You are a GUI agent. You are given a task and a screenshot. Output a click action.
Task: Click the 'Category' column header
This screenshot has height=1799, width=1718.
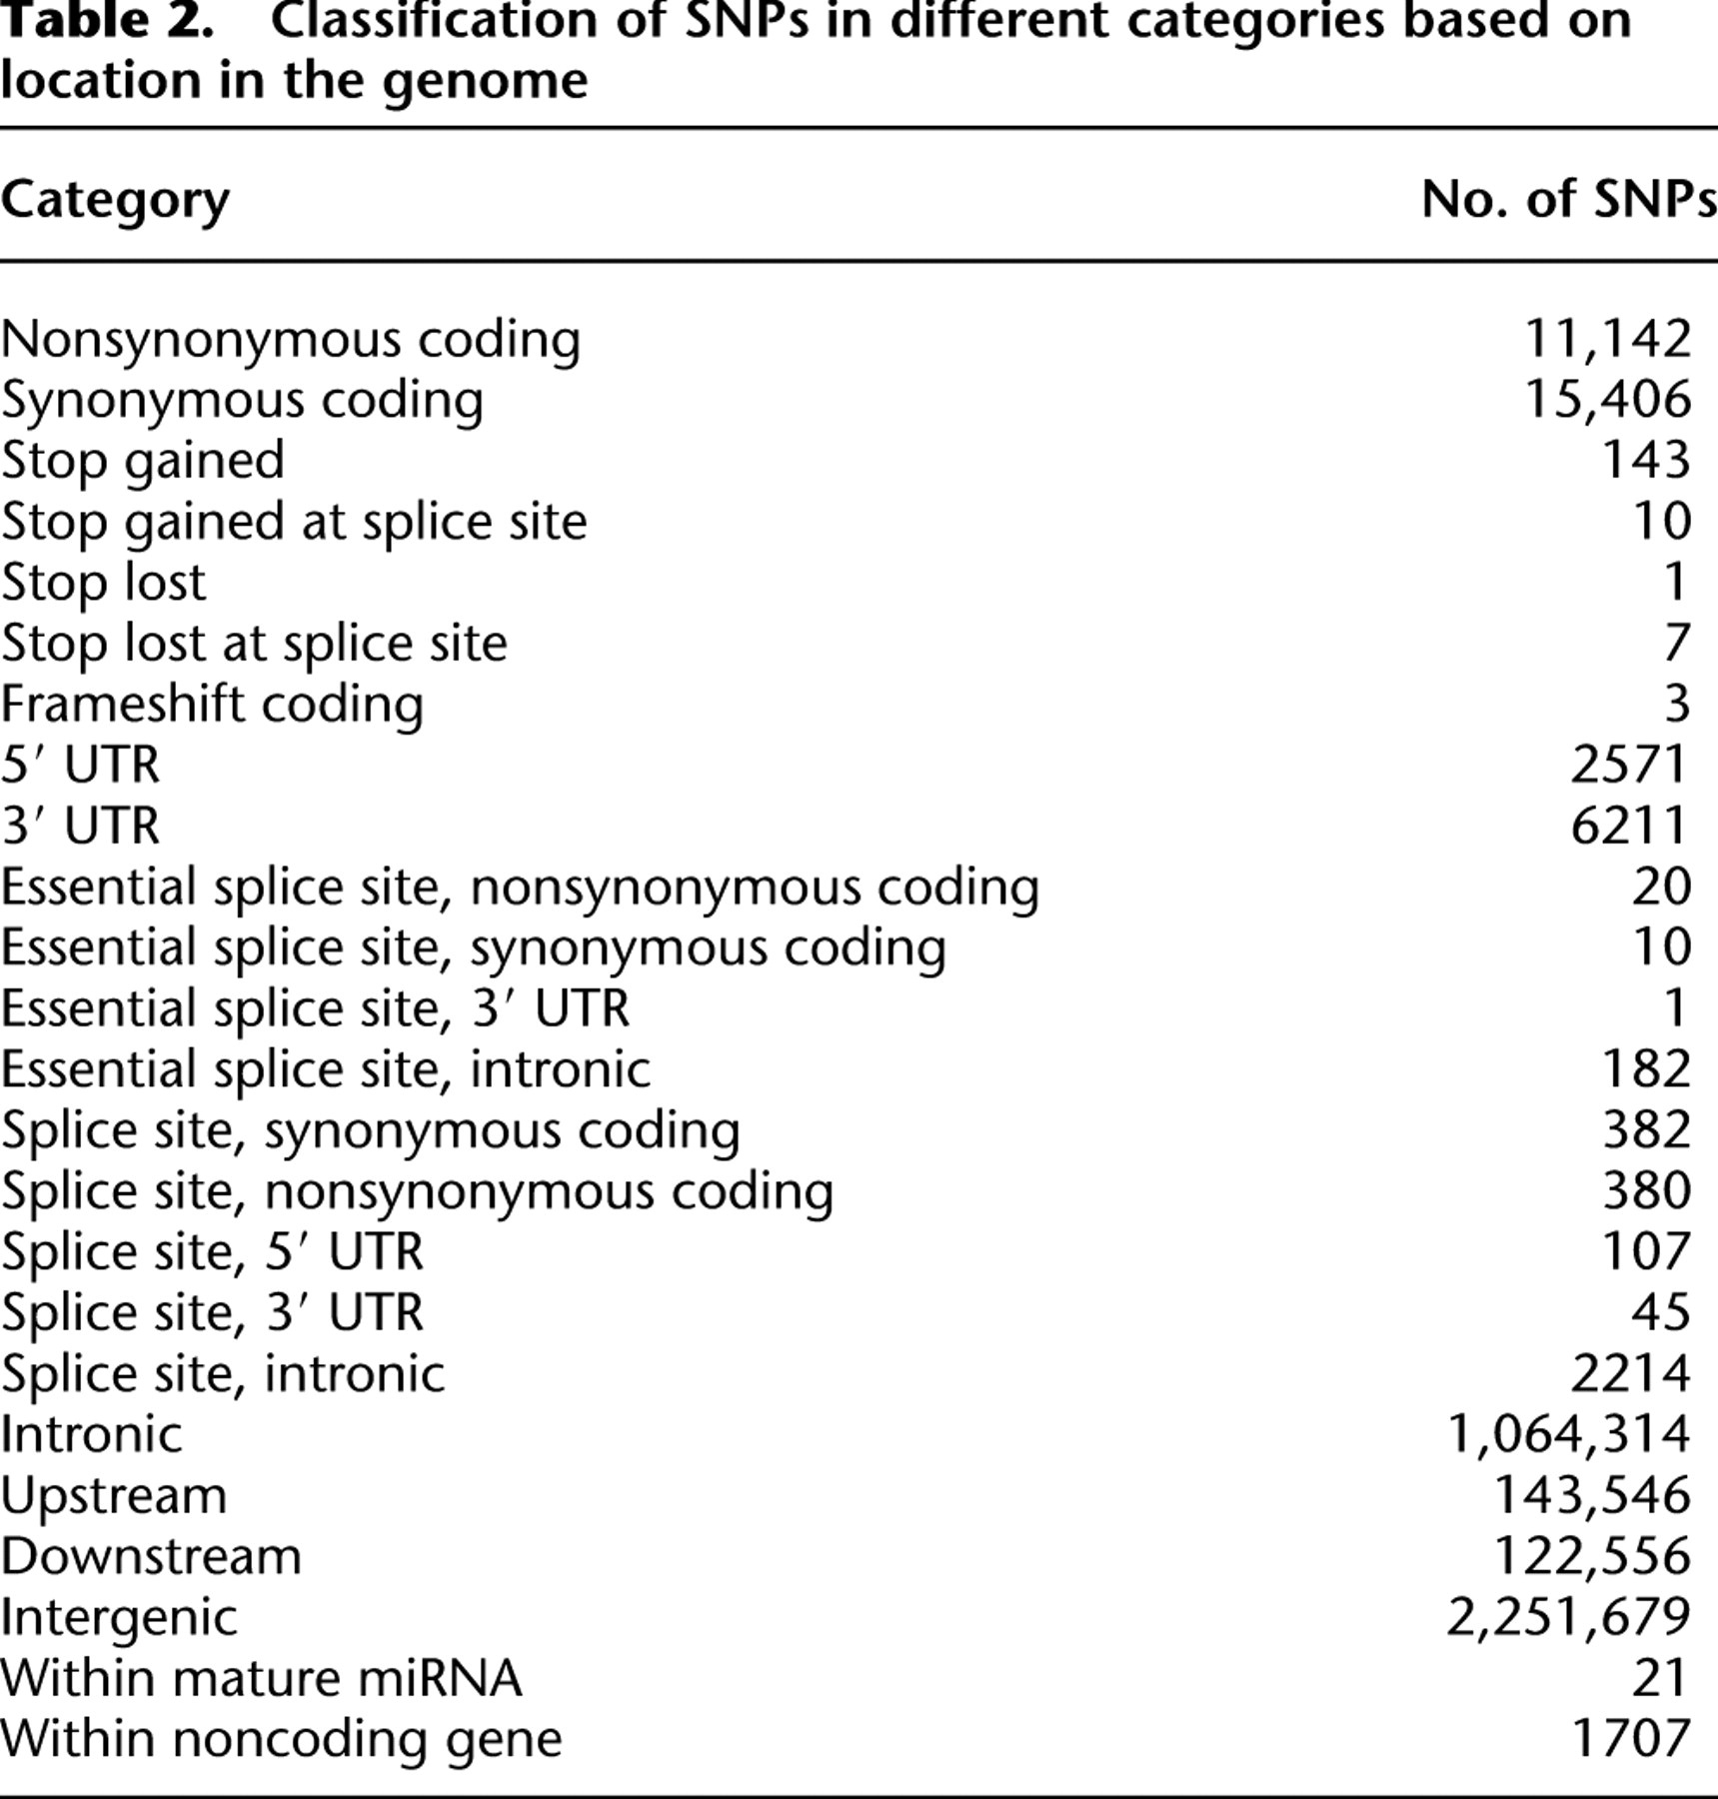coord(115,201)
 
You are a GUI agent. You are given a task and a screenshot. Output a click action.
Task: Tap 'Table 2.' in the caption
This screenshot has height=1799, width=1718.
coord(107,22)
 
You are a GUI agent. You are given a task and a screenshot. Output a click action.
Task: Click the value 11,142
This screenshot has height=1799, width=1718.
coord(1607,339)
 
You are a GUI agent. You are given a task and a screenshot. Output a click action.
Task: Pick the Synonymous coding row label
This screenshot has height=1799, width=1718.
coord(242,401)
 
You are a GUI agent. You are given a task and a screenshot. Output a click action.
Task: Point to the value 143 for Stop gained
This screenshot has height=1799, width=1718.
coord(1645,461)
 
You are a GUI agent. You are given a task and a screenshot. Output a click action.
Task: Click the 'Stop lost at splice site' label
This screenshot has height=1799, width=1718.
coord(254,643)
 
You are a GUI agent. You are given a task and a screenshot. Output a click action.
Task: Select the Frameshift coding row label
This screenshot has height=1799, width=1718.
coord(212,704)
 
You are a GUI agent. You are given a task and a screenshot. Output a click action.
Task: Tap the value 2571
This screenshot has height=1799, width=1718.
coord(1629,766)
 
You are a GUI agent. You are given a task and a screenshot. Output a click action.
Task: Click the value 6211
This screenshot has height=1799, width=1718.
coord(1629,827)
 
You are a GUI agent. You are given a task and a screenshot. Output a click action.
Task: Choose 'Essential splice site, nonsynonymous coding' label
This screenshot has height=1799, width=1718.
coord(520,888)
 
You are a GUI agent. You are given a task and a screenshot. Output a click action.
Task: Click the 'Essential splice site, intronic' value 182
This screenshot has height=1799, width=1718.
coord(1645,1069)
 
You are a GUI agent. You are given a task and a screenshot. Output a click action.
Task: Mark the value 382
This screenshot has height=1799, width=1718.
coord(1645,1130)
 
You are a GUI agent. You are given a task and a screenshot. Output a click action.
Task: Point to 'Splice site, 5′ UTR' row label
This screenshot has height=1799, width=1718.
coord(212,1252)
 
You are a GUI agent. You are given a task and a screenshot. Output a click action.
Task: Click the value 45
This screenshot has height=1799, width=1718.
coord(1660,1312)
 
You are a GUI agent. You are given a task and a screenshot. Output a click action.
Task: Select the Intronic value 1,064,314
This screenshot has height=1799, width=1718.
coord(1568,1434)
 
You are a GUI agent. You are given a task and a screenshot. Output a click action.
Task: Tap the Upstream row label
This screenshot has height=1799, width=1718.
coord(114,1496)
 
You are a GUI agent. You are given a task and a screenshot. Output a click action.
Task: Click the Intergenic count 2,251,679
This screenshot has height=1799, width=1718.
coord(1568,1617)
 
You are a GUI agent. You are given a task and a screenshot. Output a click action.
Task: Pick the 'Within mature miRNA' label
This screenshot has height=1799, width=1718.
coord(261,1678)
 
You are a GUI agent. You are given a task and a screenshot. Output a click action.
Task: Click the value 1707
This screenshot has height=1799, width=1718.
coord(1629,1739)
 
